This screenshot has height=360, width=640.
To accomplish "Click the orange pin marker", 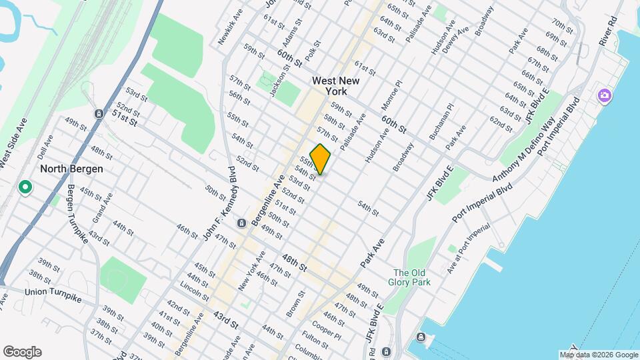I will click(x=320, y=159).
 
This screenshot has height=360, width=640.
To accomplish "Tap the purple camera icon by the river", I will click(x=604, y=95).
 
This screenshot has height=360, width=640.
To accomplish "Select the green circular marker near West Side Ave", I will click(x=25, y=187).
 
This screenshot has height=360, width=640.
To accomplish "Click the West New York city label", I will click(x=336, y=86).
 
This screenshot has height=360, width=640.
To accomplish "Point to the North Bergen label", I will click(x=71, y=169).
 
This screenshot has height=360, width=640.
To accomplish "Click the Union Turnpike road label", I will click(x=53, y=295).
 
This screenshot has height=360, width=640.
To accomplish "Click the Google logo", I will click(x=21, y=352).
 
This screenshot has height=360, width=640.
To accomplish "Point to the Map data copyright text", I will click(x=597, y=355).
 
